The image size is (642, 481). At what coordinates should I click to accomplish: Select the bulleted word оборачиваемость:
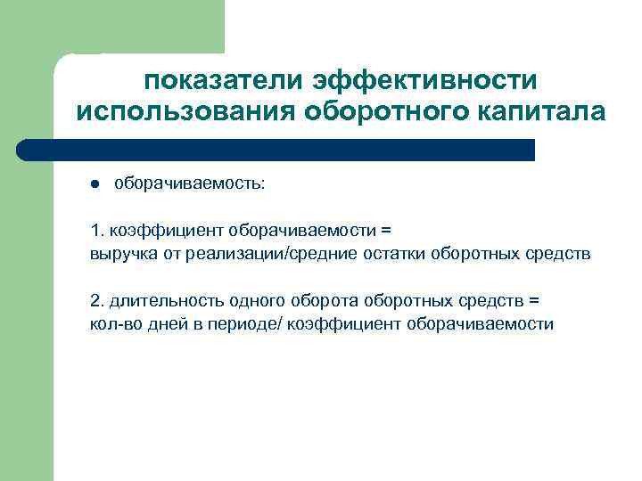pyautogui.click(x=188, y=184)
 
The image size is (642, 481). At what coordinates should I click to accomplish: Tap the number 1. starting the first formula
pyautogui.click(x=96, y=231)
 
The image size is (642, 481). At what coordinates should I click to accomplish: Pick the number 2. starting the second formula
pyautogui.click(x=96, y=300)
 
